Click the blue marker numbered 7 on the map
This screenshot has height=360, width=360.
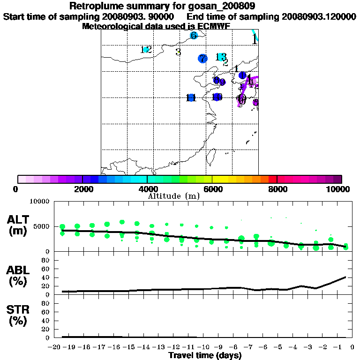pos(202,59)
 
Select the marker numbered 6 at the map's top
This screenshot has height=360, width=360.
pos(194,36)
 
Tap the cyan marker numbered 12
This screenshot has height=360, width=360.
pos(146,49)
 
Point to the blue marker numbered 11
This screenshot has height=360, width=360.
pos(190,97)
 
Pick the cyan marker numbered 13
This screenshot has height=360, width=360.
pos(220,57)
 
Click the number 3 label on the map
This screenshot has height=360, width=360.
pos(178,52)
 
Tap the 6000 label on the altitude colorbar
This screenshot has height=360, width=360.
pos(212,189)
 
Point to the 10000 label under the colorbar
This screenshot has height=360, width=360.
pos(339,189)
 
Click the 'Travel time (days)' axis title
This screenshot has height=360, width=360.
pos(205,356)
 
